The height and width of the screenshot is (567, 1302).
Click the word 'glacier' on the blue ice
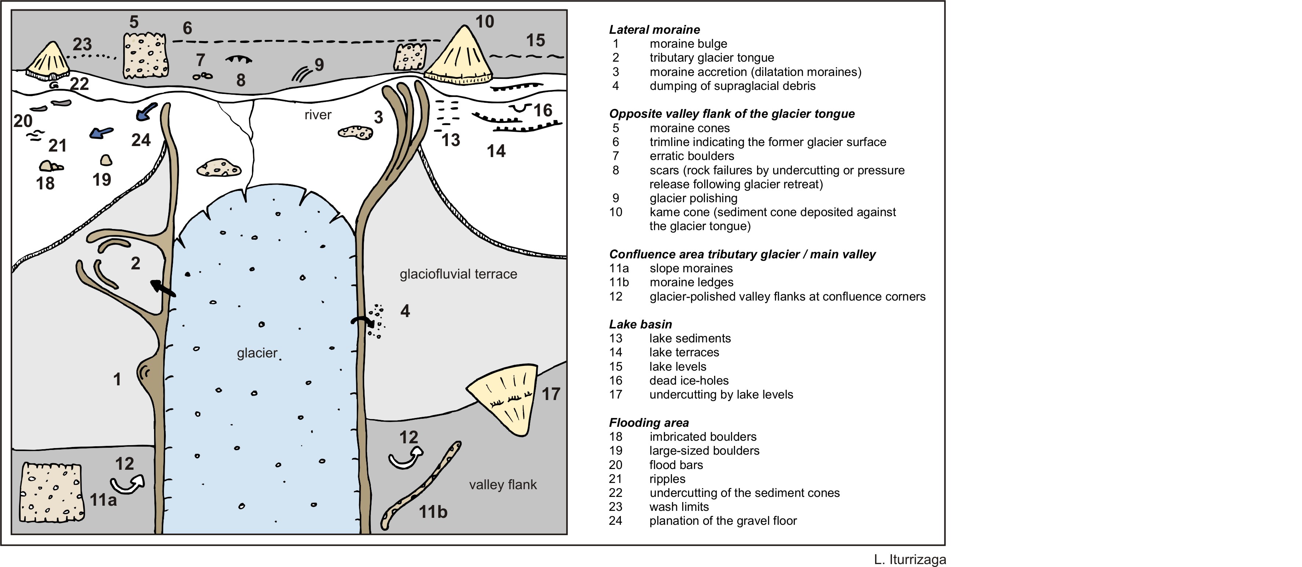tap(257, 353)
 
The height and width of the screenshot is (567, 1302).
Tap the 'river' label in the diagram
tap(317, 115)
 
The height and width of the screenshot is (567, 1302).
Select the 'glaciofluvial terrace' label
tap(458, 274)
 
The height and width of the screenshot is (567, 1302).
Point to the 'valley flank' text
tap(502, 484)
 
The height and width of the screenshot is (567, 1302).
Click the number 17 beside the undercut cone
tap(551, 394)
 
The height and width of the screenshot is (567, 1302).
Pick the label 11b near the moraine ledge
tap(433, 512)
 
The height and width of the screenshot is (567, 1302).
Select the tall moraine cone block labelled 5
tap(146, 56)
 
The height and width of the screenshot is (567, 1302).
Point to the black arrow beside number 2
tap(163, 288)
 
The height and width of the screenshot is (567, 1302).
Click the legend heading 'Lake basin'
tap(640, 324)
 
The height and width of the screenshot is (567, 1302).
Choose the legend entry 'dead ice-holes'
tap(688, 380)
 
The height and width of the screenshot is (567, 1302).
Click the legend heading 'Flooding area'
tap(648, 422)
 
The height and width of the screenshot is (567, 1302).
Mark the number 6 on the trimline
tap(187, 28)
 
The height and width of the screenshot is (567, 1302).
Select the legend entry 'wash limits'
tap(679, 507)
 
